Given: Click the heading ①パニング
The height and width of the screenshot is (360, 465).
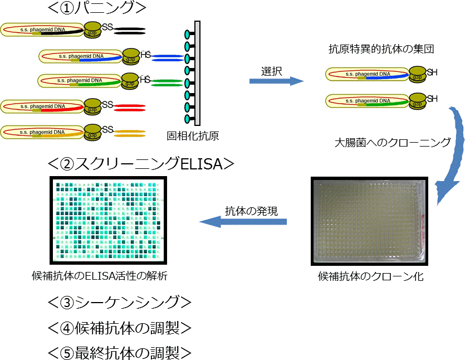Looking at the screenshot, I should (97, 8).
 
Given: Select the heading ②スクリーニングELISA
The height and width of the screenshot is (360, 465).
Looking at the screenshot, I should (140, 164).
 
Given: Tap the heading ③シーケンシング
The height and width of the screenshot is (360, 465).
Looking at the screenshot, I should (120, 302).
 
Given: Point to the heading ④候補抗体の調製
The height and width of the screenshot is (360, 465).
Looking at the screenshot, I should (120, 328).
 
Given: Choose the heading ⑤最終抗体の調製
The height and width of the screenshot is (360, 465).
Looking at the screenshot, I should (120, 352).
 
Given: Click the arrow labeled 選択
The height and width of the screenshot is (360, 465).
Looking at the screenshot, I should (276, 81).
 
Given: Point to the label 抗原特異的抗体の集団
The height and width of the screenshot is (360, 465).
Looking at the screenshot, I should (381, 50).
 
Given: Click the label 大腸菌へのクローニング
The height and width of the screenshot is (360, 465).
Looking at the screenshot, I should (393, 142).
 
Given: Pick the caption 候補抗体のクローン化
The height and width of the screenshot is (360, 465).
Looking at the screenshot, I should (370, 276).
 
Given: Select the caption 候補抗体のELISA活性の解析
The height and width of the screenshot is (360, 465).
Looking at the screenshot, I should (100, 275).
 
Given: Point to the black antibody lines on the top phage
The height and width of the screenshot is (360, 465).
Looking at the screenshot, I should (130, 30).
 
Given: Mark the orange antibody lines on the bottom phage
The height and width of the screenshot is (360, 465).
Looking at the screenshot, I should (130, 133).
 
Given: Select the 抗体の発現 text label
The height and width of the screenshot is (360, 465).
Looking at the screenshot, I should (251, 211).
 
